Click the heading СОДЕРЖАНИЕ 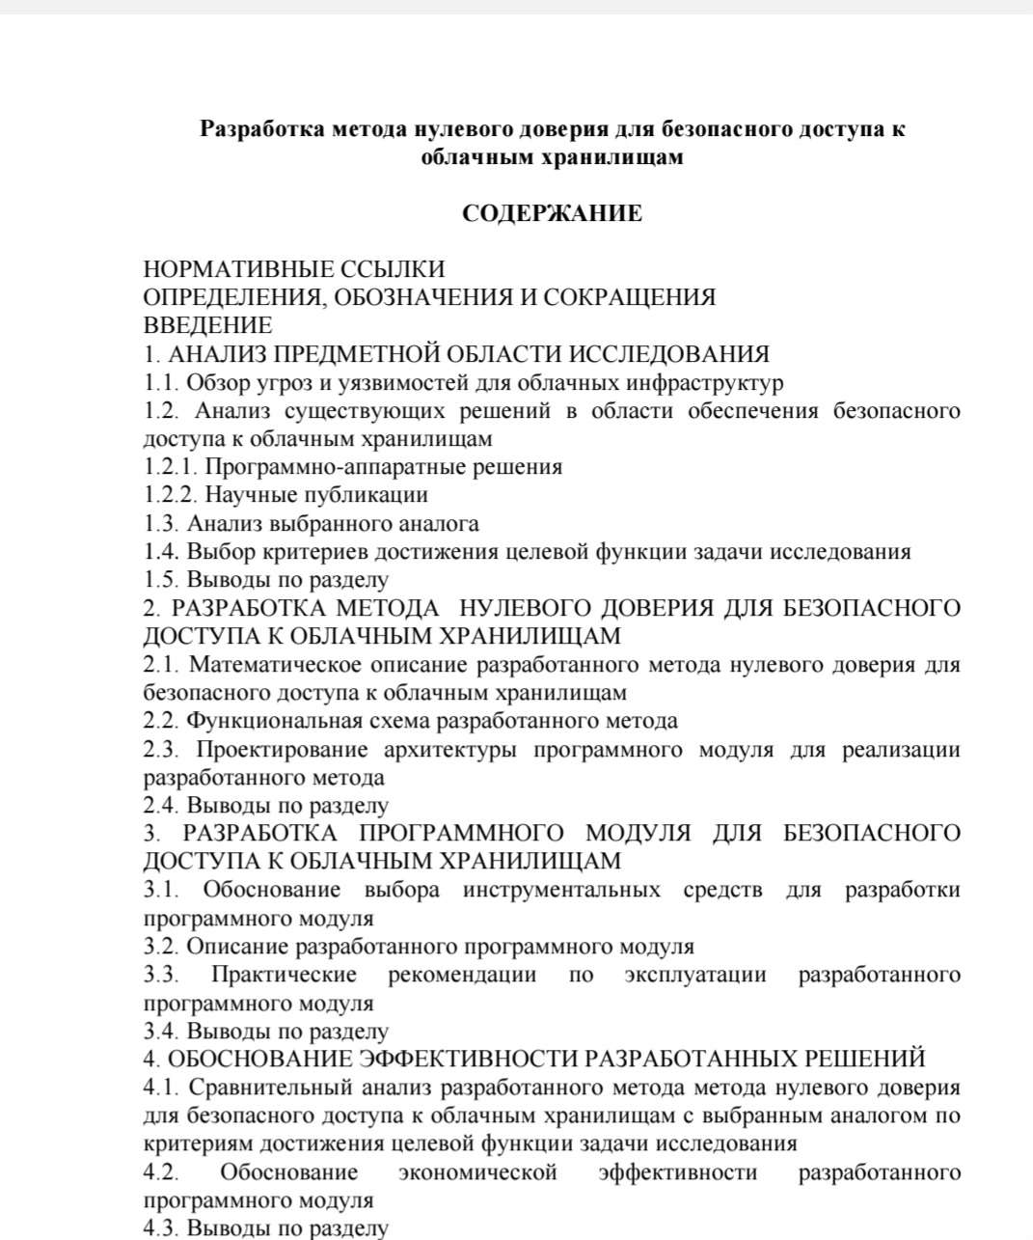pos(552,213)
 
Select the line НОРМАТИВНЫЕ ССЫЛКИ pos(294,268)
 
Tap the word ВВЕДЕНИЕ pos(207,325)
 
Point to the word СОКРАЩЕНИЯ pos(630,297)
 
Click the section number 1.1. pos(161,382)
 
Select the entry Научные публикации pos(317,495)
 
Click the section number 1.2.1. pos(171,467)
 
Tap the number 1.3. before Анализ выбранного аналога pos(161,524)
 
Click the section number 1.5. pos(161,580)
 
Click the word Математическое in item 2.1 pos(275,665)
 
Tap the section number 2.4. pos(161,805)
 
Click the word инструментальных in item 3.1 pos(561,890)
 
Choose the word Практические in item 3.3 pos(284,975)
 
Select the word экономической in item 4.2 pos(477,1172)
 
